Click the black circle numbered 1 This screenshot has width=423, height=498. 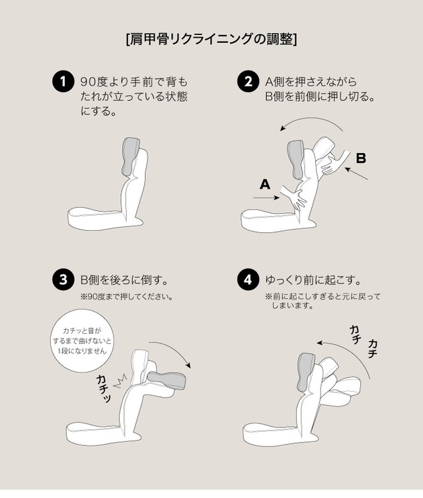tap(63, 81)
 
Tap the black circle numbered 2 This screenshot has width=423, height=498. tap(249, 81)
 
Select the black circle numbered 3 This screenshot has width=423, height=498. tap(63, 280)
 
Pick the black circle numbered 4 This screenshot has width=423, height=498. tap(249, 280)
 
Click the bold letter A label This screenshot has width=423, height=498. tap(265, 184)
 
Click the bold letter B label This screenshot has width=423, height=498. tap(361, 158)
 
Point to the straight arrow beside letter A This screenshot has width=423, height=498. tap(266, 198)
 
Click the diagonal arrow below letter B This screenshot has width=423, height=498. tap(356, 173)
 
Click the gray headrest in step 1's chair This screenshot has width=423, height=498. tap(130, 156)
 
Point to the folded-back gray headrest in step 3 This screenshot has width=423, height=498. tap(168, 380)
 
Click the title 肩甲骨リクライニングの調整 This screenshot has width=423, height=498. tap(211, 40)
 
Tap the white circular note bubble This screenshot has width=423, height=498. tap(82, 340)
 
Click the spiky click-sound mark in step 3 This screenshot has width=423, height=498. tap(121, 381)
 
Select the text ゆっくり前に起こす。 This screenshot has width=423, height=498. tap(314, 280)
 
